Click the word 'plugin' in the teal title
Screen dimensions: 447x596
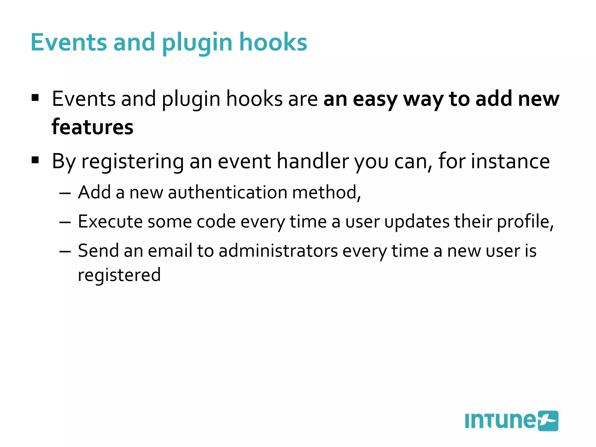[197, 43]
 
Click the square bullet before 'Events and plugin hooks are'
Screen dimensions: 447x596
[35, 97]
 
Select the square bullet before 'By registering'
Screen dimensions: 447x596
[35, 160]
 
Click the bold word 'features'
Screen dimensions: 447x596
[93, 127]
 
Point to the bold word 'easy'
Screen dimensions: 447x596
[375, 100]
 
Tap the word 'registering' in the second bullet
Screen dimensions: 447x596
[132, 162]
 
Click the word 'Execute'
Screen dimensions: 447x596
[110, 221]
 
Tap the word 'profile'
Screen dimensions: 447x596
[523, 222]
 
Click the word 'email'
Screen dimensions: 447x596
[170, 251]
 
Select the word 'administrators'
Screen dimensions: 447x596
[278, 251]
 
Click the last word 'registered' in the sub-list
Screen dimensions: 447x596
[119, 275]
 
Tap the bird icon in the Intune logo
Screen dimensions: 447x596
[548, 421]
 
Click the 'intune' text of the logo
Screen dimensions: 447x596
[500, 421]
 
